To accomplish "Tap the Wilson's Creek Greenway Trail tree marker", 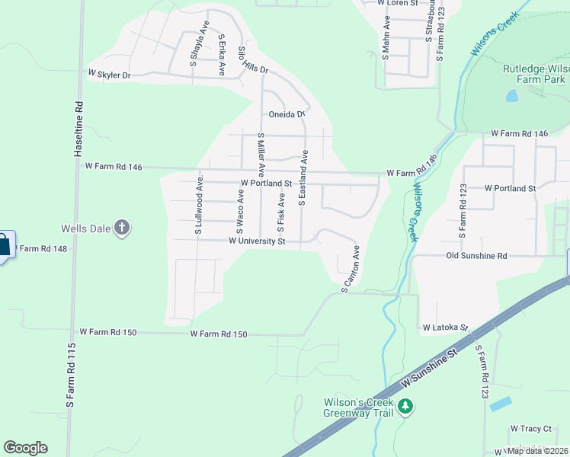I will coord(406,407).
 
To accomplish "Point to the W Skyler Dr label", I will coord(110,75).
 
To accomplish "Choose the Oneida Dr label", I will coord(287,115).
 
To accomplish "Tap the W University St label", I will coord(257,241).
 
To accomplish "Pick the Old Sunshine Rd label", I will coord(476,256).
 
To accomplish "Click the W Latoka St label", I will coord(445,328).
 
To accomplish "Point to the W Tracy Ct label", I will coord(530,429).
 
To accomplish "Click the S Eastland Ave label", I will coord(303,178).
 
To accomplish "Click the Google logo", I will coord(25,448).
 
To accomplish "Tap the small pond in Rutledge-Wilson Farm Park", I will coord(511,97).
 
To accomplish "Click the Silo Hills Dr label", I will coord(253,60).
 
